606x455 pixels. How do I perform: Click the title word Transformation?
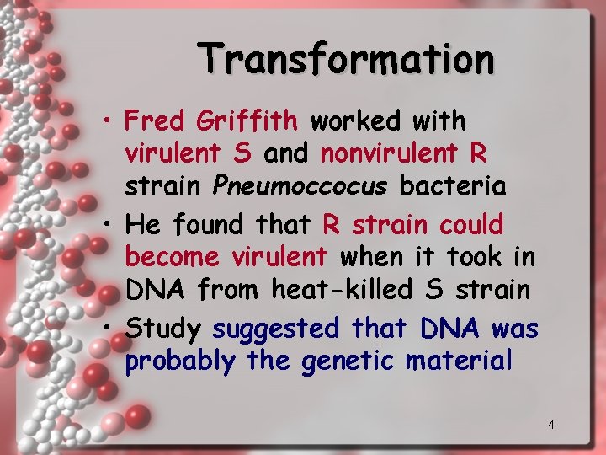pos(347,59)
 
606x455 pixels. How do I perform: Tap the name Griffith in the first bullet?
pos(247,121)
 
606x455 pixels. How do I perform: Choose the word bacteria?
pos(453,185)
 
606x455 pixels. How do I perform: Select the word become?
pos(172,257)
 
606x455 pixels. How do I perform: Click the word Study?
pos(162,329)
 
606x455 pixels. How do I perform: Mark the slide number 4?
pos(550,425)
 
